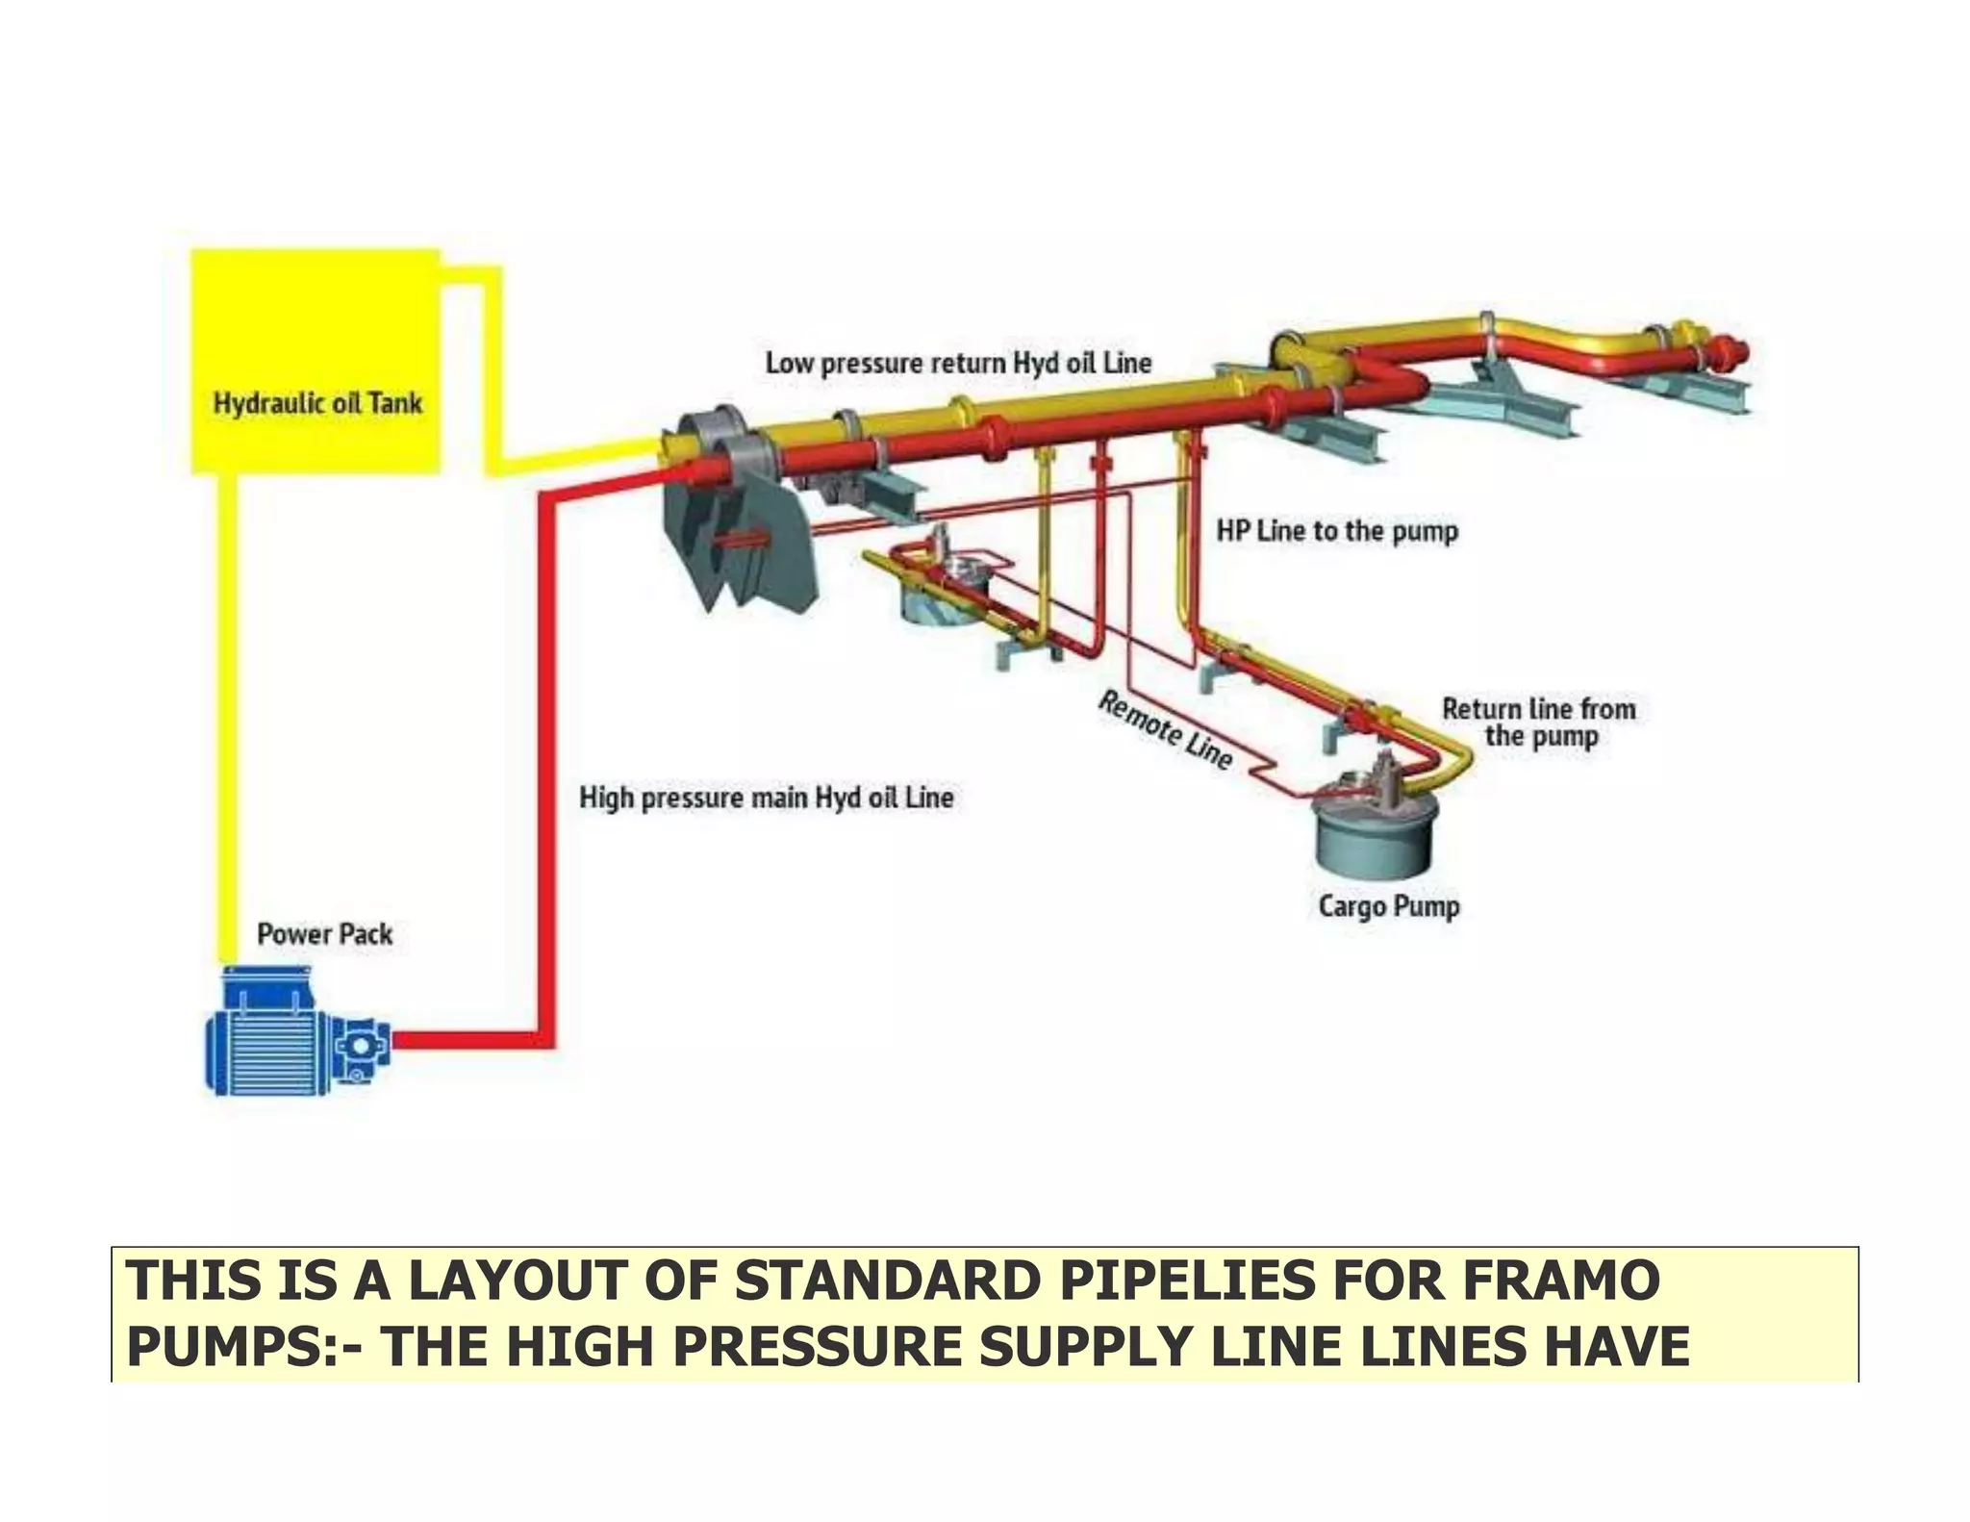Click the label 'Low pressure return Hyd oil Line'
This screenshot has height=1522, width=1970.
click(958, 364)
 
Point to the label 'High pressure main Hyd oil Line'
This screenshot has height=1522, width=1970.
click(766, 798)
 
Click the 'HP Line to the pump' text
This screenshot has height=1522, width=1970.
click(1337, 531)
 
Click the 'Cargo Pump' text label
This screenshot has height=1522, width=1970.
click(1388, 906)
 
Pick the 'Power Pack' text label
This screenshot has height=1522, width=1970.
click(325, 934)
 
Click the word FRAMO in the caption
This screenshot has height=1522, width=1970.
click(1561, 1281)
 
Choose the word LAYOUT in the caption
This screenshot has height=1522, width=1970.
click(518, 1281)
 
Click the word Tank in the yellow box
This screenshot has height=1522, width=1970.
click(394, 403)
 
